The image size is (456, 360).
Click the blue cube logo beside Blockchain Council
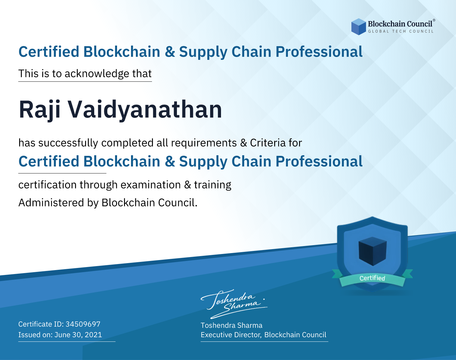(358, 27)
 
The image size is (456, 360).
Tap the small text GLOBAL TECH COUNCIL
(401, 31)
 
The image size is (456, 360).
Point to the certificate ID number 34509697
(83, 324)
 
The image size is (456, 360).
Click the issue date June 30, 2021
(78, 334)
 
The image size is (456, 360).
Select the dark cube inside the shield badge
(372, 251)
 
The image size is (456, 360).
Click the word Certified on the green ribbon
(372, 278)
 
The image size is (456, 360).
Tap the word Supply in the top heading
(203, 52)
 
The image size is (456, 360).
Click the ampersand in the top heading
(170, 52)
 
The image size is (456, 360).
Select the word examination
(151, 185)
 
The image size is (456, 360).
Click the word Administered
(51, 203)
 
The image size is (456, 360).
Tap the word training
(213, 185)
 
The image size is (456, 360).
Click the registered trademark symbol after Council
(434, 20)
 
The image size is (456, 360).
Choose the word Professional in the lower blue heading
(319, 161)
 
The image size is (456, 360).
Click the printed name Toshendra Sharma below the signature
(231, 325)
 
